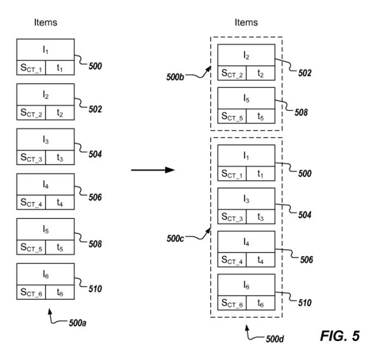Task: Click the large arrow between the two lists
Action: click(152, 170)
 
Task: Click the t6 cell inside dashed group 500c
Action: click(260, 304)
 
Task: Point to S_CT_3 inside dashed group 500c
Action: click(231, 216)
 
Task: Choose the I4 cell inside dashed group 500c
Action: click(246, 243)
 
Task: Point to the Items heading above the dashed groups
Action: click(246, 22)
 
